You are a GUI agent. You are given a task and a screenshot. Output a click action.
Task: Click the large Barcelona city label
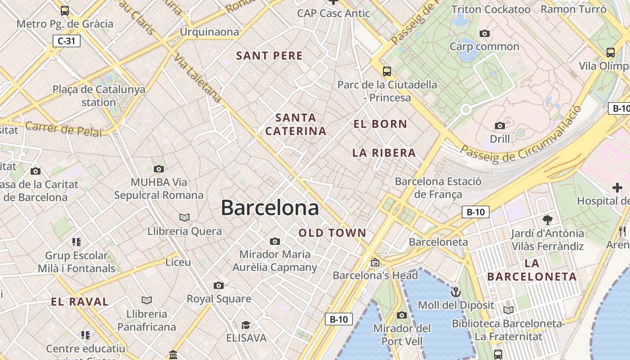pos(270,208)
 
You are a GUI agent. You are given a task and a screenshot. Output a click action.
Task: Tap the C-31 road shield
pos(67,41)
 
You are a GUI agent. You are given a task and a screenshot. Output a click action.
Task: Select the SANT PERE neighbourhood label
pos(270,56)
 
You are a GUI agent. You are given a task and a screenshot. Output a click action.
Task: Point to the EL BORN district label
pos(380,124)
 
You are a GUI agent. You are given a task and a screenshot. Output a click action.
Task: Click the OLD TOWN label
pos(333,233)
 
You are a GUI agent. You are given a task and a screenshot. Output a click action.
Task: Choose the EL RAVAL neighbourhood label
pos(80,302)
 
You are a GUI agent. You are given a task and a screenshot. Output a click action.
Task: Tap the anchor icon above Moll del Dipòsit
pos(456,292)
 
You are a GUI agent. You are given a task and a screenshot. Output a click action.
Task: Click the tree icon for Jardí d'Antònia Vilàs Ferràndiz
pos(548,220)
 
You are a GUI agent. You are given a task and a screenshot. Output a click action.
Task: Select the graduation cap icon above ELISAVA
pos(246,325)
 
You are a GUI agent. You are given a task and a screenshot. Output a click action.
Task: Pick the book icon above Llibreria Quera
pos(184,218)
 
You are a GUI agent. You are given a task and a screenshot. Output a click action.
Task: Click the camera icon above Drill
pos(499,126)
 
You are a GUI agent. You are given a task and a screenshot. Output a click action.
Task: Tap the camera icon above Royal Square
pos(219,285)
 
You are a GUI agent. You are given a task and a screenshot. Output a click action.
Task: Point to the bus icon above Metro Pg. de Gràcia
pos(65,10)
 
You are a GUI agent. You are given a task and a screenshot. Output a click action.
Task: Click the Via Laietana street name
pos(198,79)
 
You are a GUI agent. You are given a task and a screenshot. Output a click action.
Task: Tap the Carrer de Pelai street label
pos(63,129)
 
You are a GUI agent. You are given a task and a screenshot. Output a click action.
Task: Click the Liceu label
pos(178,262)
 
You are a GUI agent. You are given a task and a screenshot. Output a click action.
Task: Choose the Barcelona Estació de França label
pos(438,188)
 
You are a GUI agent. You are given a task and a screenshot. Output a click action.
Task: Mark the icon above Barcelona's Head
pos(375,262)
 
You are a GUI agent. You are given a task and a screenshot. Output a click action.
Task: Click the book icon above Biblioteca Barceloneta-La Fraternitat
pos(508,310)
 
